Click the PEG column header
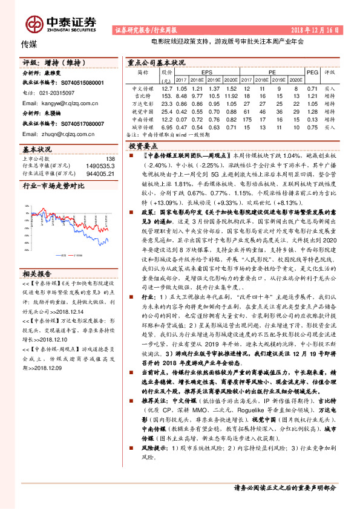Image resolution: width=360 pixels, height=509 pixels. tap(312, 72)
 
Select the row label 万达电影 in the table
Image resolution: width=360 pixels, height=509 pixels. tap(142, 103)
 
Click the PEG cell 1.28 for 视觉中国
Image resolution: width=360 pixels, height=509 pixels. tap(312, 111)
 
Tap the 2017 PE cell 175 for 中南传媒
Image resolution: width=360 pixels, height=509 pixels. tap(247, 119)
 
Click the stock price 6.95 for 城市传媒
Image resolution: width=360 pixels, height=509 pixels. tap(167, 127)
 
